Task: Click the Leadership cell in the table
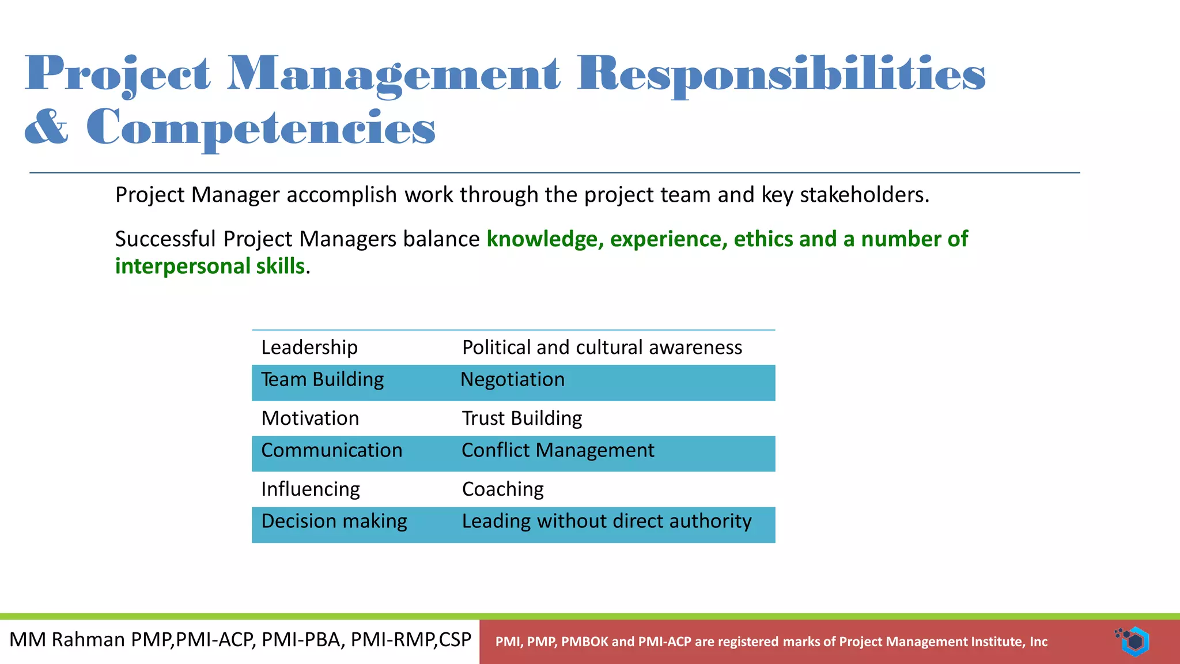(x=309, y=348)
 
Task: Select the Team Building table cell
(x=322, y=380)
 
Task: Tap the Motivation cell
(x=310, y=418)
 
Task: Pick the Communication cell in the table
(x=331, y=451)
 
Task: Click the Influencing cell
(x=310, y=489)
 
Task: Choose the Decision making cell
(x=334, y=522)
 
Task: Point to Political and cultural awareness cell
(x=602, y=348)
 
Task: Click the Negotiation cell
(x=512, y=380)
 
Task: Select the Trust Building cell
(x=521, y=418)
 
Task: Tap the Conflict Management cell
(x=557, y=451)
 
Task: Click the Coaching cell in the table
(x=502, y=489)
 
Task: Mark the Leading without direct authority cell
(x=606, y=522)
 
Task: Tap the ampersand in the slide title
(x=46, y=127)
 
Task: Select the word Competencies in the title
(x=260, y=127)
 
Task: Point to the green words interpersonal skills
(x=210, y=266)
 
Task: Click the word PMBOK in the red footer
(x=584, y=642)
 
